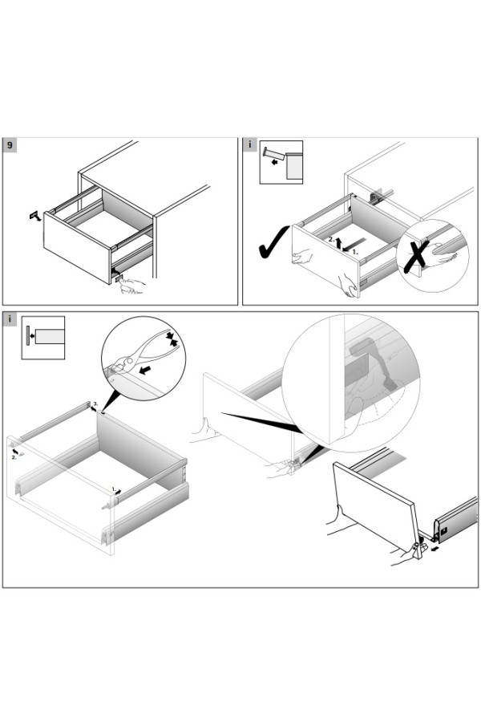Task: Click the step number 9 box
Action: coord(10,145)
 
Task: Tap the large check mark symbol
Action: coord(272,241)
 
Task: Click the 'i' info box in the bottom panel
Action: coord(10,318)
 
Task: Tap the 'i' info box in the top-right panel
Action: coord(250,145)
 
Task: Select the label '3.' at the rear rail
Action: coord(95,403)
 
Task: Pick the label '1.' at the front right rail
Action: coord(114,487)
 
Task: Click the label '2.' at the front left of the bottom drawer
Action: coord(14,457)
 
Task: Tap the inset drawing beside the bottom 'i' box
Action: coord(42,337)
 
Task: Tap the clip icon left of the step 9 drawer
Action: coord(34,215)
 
